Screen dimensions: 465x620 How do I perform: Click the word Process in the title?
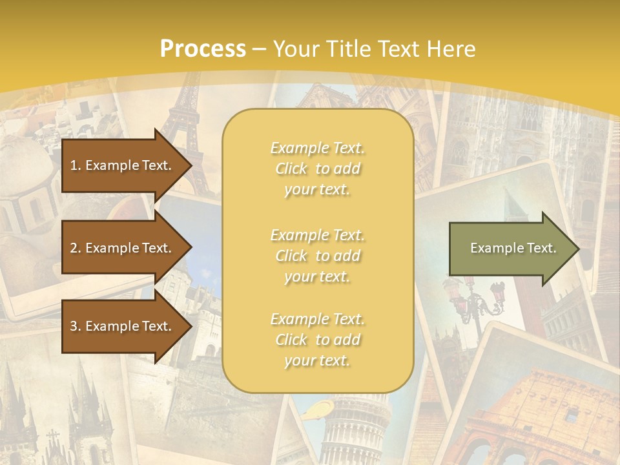point(203,49)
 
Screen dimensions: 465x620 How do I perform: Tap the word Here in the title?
point(451,49)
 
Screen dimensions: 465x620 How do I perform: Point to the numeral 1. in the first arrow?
point(76,165)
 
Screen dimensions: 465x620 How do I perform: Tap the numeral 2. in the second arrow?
point(76,248)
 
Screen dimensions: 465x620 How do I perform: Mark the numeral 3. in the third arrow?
point(76,326)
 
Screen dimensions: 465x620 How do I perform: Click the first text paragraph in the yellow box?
point(317,169)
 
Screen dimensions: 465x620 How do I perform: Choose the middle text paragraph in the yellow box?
point(317,255)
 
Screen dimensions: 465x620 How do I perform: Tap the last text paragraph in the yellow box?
point(317,340)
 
